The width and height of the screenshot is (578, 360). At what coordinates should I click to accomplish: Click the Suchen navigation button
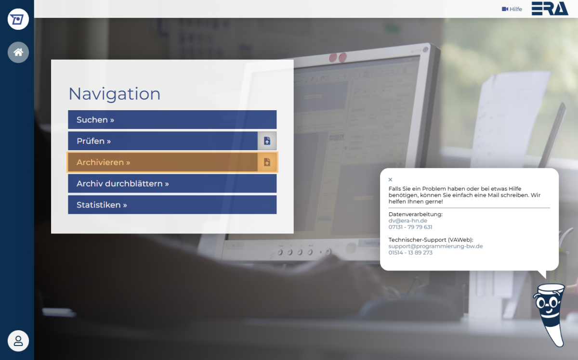172,120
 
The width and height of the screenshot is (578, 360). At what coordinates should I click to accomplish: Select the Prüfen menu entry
163,141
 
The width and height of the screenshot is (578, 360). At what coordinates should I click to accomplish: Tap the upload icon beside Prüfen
267,141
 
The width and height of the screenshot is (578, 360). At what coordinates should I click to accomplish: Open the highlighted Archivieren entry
163,162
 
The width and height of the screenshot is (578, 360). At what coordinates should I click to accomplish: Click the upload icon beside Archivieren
267,162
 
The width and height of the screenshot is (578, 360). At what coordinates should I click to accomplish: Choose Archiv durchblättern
172,183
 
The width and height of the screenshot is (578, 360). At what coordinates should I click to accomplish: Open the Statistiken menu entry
172,205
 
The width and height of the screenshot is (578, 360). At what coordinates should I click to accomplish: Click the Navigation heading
114,94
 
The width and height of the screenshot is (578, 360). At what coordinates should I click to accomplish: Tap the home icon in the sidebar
18,52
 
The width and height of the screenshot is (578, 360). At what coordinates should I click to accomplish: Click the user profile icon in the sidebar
18,341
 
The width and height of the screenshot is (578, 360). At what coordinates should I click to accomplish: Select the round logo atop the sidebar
18,19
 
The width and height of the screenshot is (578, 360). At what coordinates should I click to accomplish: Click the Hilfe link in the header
512,9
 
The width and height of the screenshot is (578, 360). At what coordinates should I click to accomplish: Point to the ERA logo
550,9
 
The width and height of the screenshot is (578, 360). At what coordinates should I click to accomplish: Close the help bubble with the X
390,180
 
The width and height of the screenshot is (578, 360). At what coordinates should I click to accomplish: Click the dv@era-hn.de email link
407,220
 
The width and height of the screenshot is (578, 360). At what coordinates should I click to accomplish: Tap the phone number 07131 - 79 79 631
410,227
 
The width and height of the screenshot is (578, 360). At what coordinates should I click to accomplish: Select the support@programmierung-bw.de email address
435,246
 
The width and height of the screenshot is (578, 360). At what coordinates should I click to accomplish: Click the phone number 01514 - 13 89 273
410,253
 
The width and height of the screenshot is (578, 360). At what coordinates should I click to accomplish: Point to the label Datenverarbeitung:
415,214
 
